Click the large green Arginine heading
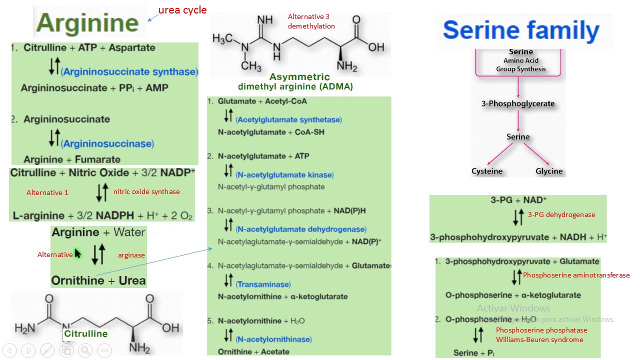point(87,22)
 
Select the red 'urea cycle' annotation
point(182,10)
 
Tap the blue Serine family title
point(521,30)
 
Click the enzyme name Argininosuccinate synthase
point(129,71)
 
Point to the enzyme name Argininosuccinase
point(107,143)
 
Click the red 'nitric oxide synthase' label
point(146,191)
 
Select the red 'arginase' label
point(131,255)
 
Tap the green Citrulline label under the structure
point(85,333)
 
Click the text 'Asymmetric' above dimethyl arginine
point(299,76)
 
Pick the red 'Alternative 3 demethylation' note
point(311,21)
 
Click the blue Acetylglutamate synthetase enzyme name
point(288,119)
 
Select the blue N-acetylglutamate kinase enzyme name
point(284,174)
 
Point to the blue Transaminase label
point(263,284)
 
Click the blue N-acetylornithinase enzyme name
point(273,339)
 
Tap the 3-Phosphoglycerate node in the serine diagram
point(517,103)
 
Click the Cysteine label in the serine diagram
point(486,171)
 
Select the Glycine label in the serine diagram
point(549,171)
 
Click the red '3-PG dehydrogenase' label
point(561,214)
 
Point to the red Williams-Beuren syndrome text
point(539,339)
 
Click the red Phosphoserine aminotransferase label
point(576,275)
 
